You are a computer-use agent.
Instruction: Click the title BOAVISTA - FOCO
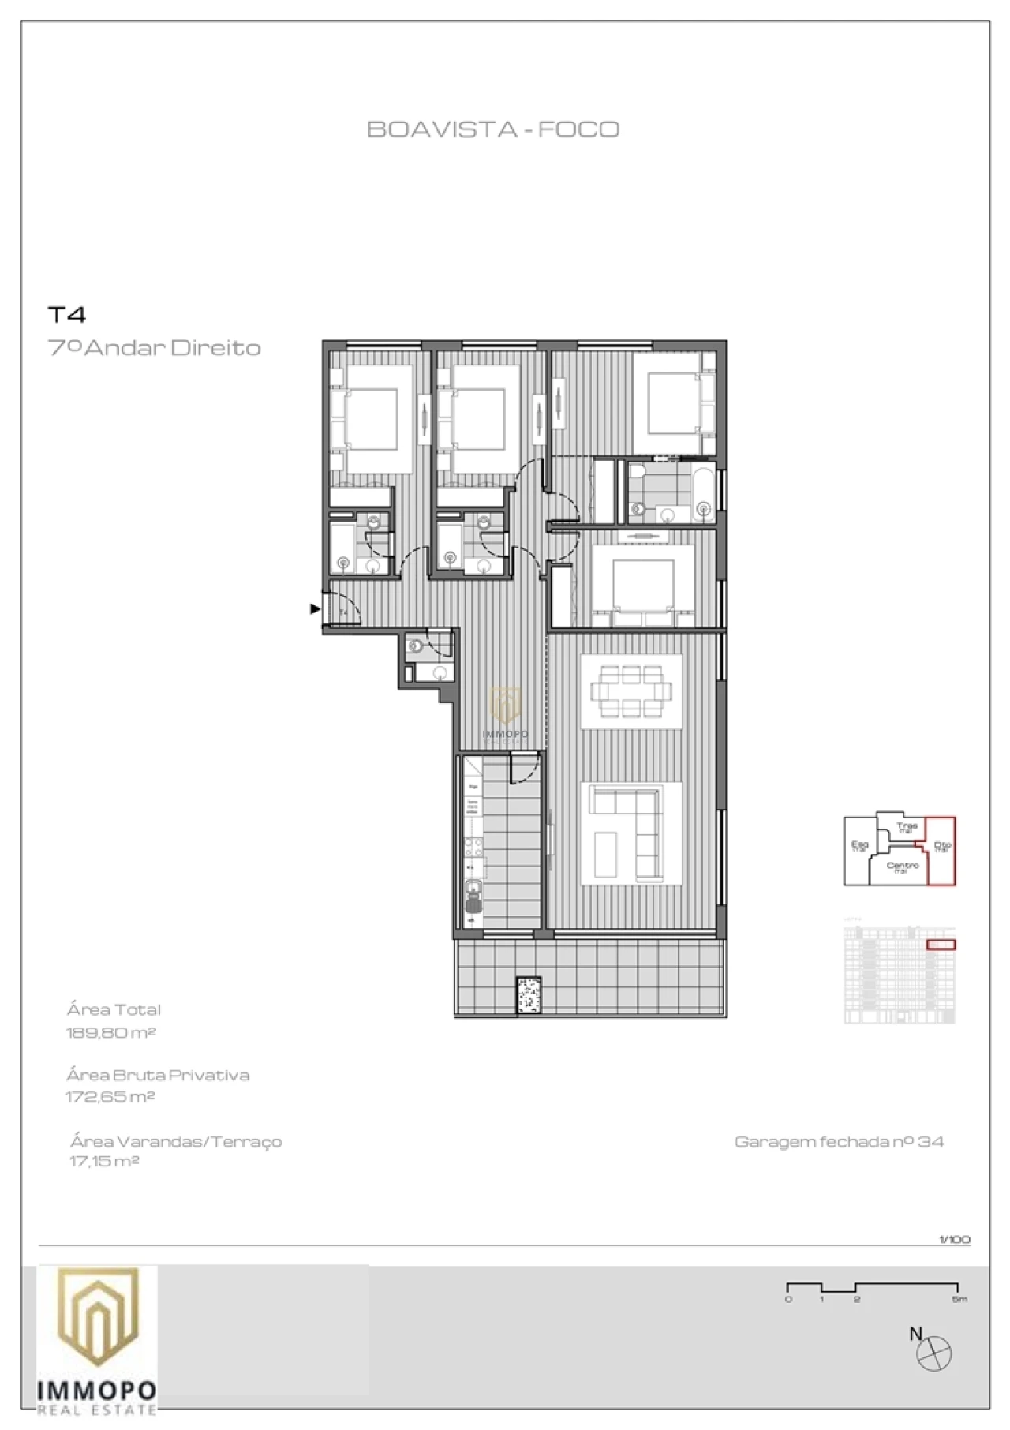pyautogui.click(x=493, y=129)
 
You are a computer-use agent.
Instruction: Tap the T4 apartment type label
pyautogui.click(x=67, y=315)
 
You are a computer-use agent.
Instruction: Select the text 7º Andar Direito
pyautogui.click(x=155, y=347)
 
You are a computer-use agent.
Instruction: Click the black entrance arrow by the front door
pyautogui.click(x=315, y=608)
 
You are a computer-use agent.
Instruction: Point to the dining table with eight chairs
pyautogui.click(x=631, y=692)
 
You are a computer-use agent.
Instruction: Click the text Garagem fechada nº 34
pyautogui.click(x=838, y=1141)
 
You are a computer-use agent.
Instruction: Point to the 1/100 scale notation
pyautogui.click(x=954, y=1239)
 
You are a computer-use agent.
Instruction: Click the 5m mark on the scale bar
pyautogui.click(x=959, y=1299)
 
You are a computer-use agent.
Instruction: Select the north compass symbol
pyautogui.click(x=933, y=1354)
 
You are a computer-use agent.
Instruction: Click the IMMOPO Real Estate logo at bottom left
pyautogui.click(x=96, y=1339)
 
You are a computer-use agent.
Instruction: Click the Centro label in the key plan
pyautogui.click(x=902, y=867)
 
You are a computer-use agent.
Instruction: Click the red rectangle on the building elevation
pyautogui.click(x=940, y=945)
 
